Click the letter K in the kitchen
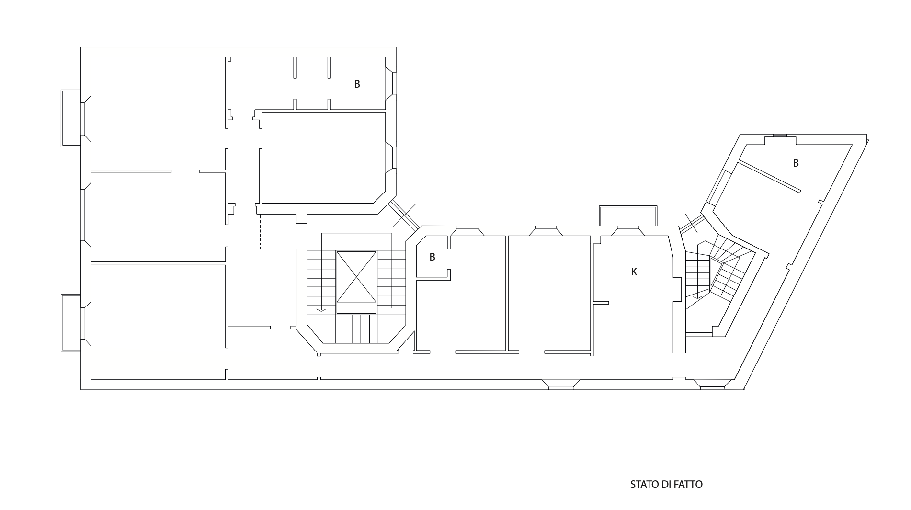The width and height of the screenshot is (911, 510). (x=634, y=272)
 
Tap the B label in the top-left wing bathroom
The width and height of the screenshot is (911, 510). (x=357, y=84)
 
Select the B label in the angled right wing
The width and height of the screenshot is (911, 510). (x=796, y=163)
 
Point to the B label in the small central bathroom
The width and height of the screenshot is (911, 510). (x=432, y=257)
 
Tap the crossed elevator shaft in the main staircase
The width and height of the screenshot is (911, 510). (x=356, y=276)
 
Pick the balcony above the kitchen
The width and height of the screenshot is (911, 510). (x=628, y=215)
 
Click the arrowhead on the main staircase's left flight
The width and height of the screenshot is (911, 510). (x=321, y=309)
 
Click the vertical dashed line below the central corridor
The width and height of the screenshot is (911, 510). (x=260, y=231)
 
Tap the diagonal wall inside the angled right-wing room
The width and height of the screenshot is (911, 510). (x=768, y=177)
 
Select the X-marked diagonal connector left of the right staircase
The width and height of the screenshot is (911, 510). (x=692, y=224)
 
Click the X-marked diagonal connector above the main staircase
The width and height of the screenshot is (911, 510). (x=405, y=215)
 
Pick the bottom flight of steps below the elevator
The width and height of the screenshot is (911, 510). (x=356, y=329)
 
